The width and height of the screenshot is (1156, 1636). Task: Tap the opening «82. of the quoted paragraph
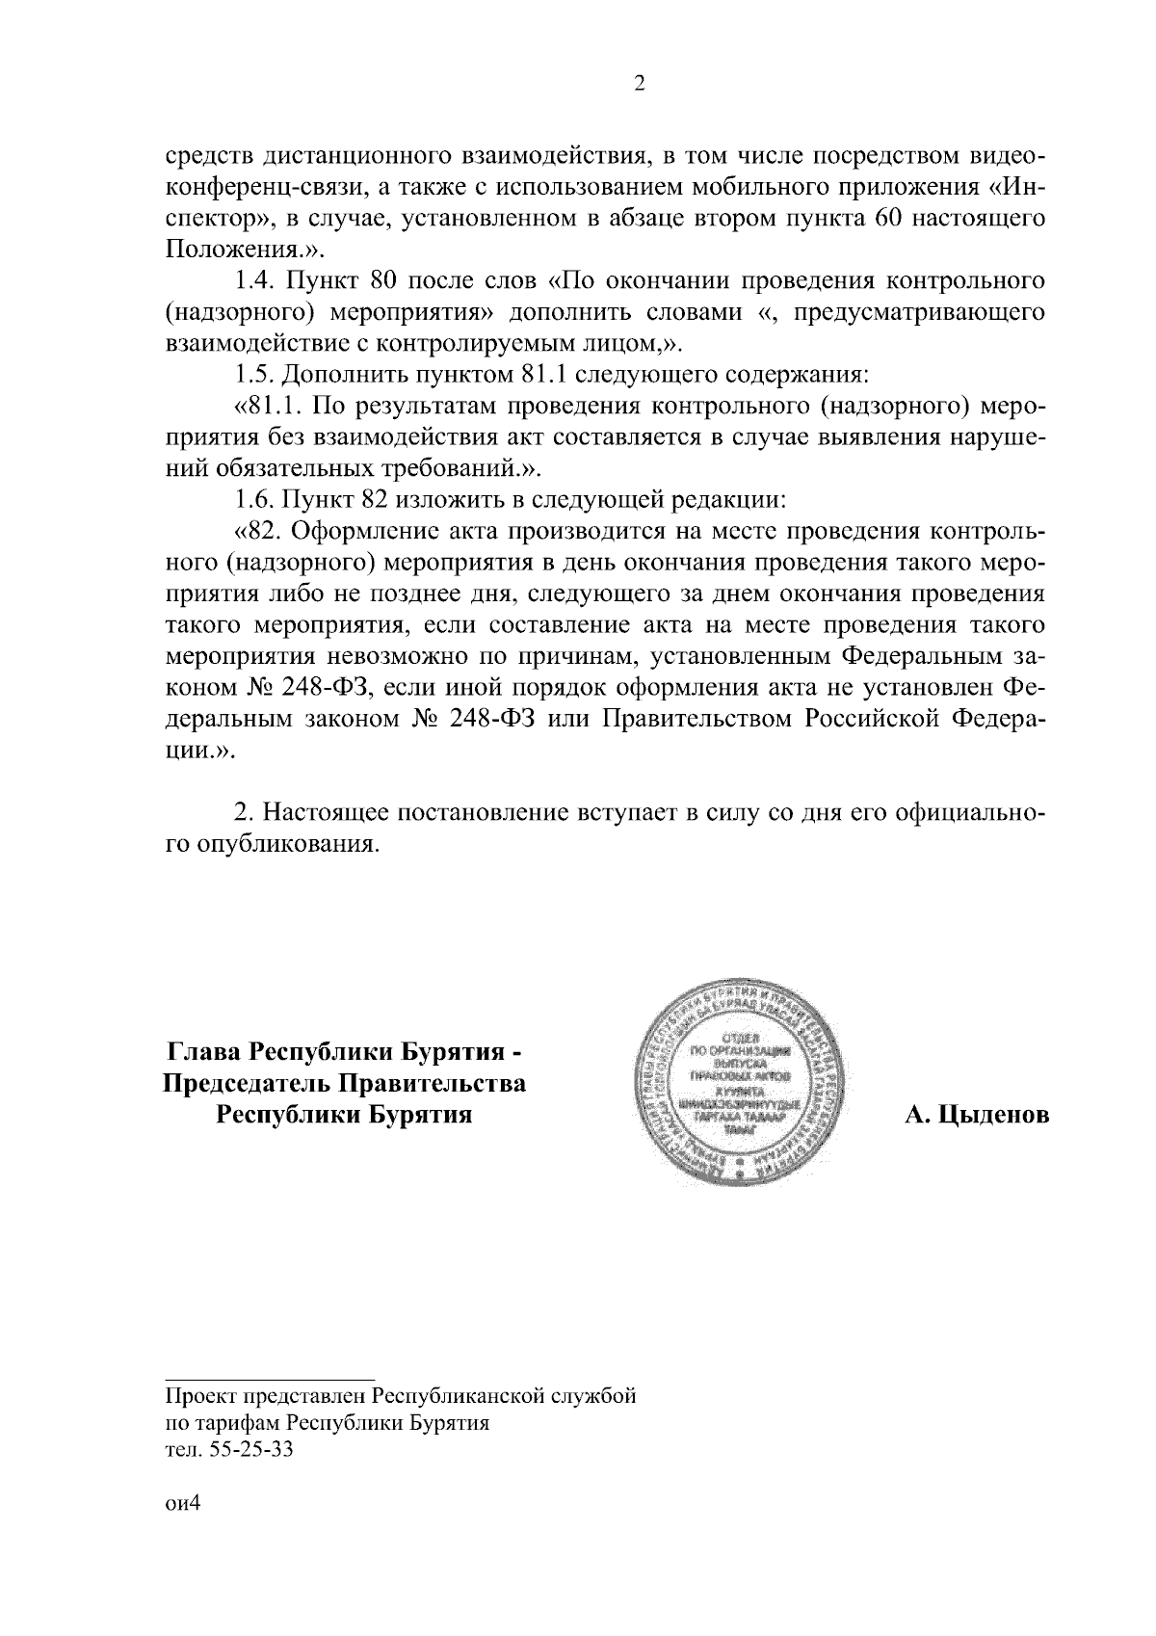click(x=261, y=531)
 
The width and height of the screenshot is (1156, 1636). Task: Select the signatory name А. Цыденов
click(x=976, y=1116)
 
